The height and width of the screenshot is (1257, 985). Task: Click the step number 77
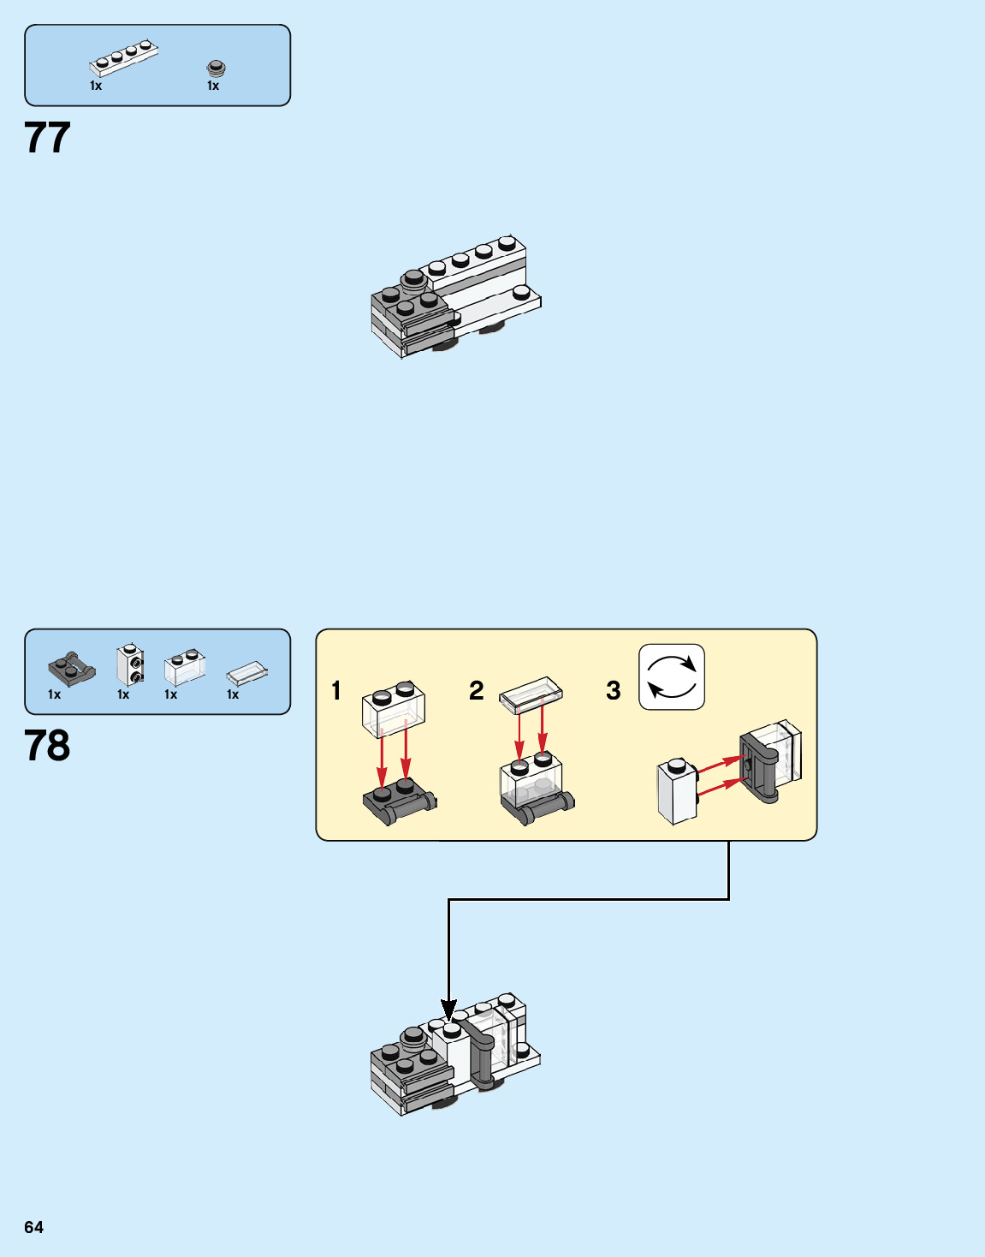pos(47,138)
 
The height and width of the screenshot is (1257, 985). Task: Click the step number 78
pos(47,746)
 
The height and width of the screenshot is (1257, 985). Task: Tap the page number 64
pos(33,1227)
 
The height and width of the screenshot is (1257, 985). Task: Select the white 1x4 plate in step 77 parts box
pos(124,59)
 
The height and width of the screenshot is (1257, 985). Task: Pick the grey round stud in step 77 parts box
pos(217,68)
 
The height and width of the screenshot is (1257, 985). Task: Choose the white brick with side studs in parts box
pos(130,664)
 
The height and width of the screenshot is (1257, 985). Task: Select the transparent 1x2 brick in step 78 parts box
pos(185,668)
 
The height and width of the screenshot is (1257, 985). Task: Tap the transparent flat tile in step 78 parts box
pos(247,674)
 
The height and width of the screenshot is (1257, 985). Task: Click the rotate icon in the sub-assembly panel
pos(672,677)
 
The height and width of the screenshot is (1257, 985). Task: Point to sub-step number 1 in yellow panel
pos(336,691)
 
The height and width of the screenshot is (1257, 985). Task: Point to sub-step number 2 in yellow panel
pos(477,691)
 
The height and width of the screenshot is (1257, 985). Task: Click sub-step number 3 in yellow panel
pos(614,691)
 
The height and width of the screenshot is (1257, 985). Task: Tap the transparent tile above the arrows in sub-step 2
pos(531,694)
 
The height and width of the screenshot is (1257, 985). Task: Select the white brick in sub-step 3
pos(677,792)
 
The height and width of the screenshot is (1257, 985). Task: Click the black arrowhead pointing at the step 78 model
pos(448,1010)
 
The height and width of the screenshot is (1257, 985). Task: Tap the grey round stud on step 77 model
pos(414,278)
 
